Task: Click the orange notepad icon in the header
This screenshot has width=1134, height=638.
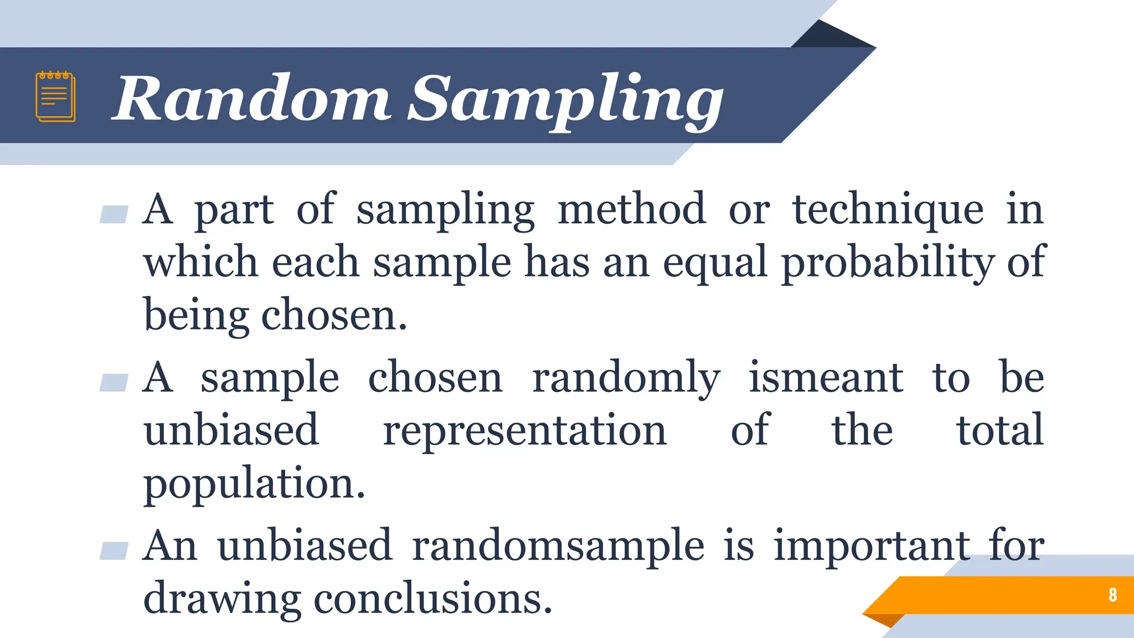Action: [55, 96]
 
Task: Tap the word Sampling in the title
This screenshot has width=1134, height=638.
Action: [565, 100]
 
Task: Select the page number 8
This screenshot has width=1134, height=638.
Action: [1112, 595]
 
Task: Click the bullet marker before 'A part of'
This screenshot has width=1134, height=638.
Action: [114, 214]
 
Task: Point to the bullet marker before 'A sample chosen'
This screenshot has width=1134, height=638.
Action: [114, 383]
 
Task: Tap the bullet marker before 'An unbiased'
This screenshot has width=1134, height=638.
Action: [114, 551]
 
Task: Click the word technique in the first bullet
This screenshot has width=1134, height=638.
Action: [888, 209]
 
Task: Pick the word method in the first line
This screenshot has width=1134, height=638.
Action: [631, 209]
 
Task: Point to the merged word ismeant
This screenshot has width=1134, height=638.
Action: [826, 378]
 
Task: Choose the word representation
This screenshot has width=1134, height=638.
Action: [525, 431]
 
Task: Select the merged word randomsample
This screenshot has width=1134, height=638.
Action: [558, 546]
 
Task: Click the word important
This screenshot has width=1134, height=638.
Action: [871, 546]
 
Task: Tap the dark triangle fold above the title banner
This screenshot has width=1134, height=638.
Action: [831, 37]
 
